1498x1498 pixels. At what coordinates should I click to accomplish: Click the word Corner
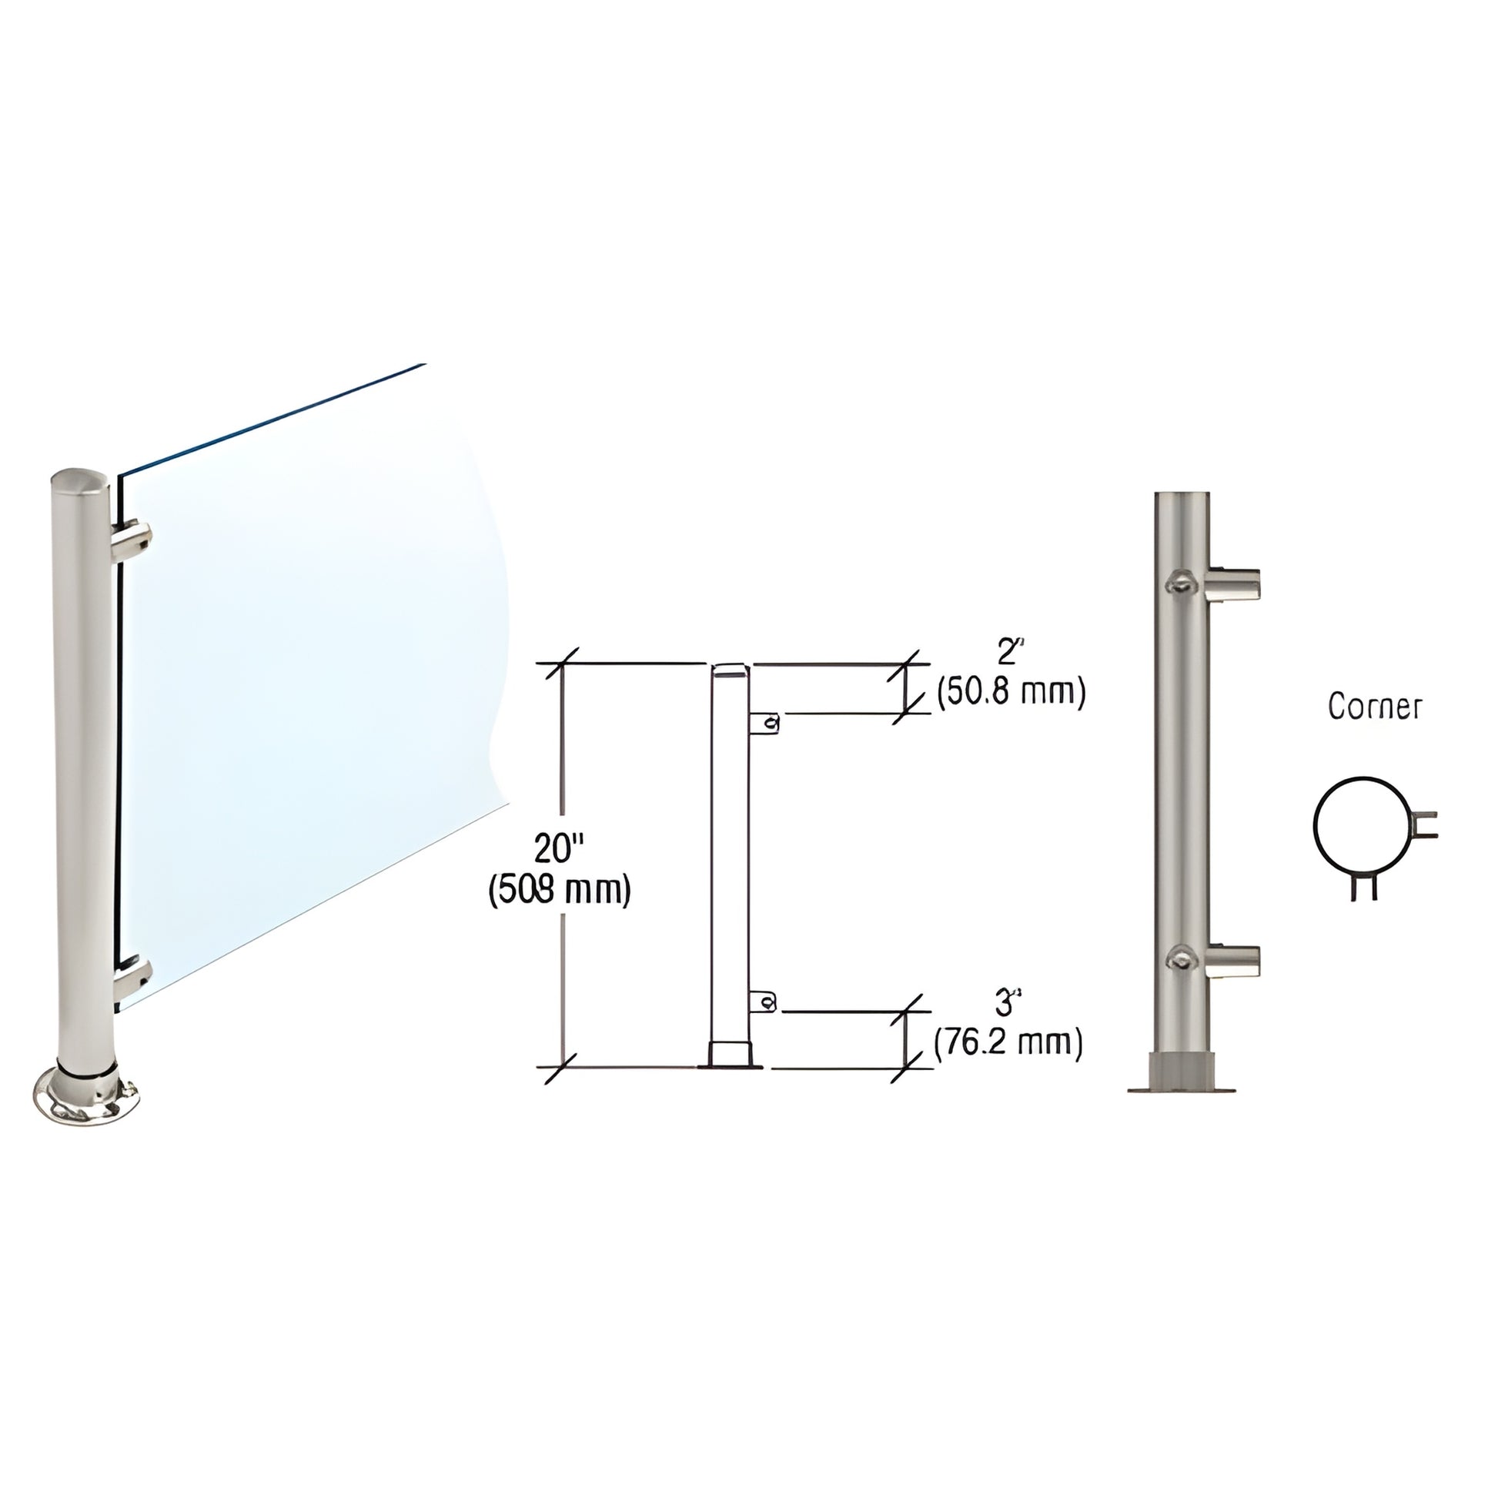coord(1374,707)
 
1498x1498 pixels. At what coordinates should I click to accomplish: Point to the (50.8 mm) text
coord(1010,691)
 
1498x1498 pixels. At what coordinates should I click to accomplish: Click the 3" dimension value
coord(1005,1004)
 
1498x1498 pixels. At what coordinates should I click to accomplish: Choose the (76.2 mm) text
coord(1008,1043)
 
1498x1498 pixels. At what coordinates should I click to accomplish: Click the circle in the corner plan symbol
coord(1360,826)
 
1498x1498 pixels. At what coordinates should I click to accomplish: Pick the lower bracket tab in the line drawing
coord(764,1002)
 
